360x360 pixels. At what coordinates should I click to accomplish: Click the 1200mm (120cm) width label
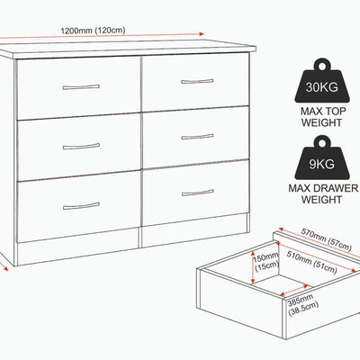pos(93,31)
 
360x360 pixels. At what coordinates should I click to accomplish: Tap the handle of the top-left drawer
pos(81,87)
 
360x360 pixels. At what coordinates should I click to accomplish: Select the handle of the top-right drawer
pos(197,81)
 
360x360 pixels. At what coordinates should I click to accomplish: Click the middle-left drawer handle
pos(81,147)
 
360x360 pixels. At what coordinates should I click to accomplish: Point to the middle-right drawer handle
pos(198,137)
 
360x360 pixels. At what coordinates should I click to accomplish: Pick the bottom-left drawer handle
pos(81,206)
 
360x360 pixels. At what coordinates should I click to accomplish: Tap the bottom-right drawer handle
pos(198,193)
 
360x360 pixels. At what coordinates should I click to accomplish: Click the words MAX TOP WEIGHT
pos(322,117)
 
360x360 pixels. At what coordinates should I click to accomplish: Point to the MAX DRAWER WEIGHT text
pos(323,193)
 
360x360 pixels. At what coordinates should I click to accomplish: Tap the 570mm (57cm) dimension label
pos(326,239)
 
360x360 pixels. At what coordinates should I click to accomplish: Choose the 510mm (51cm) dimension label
pos(312,262)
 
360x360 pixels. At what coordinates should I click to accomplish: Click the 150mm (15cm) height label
pos(266,262)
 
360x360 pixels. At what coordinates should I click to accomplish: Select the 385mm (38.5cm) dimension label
pos(301,304)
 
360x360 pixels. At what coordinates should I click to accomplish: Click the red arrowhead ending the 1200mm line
pos(201,34)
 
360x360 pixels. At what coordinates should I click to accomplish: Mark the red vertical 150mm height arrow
pos(253,266)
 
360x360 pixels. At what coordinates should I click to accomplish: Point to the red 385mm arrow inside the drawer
pos(295,291)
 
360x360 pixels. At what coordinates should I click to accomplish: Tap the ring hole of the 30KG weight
pos(322,66)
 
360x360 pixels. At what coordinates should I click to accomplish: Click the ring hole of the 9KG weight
pos(322,143)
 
